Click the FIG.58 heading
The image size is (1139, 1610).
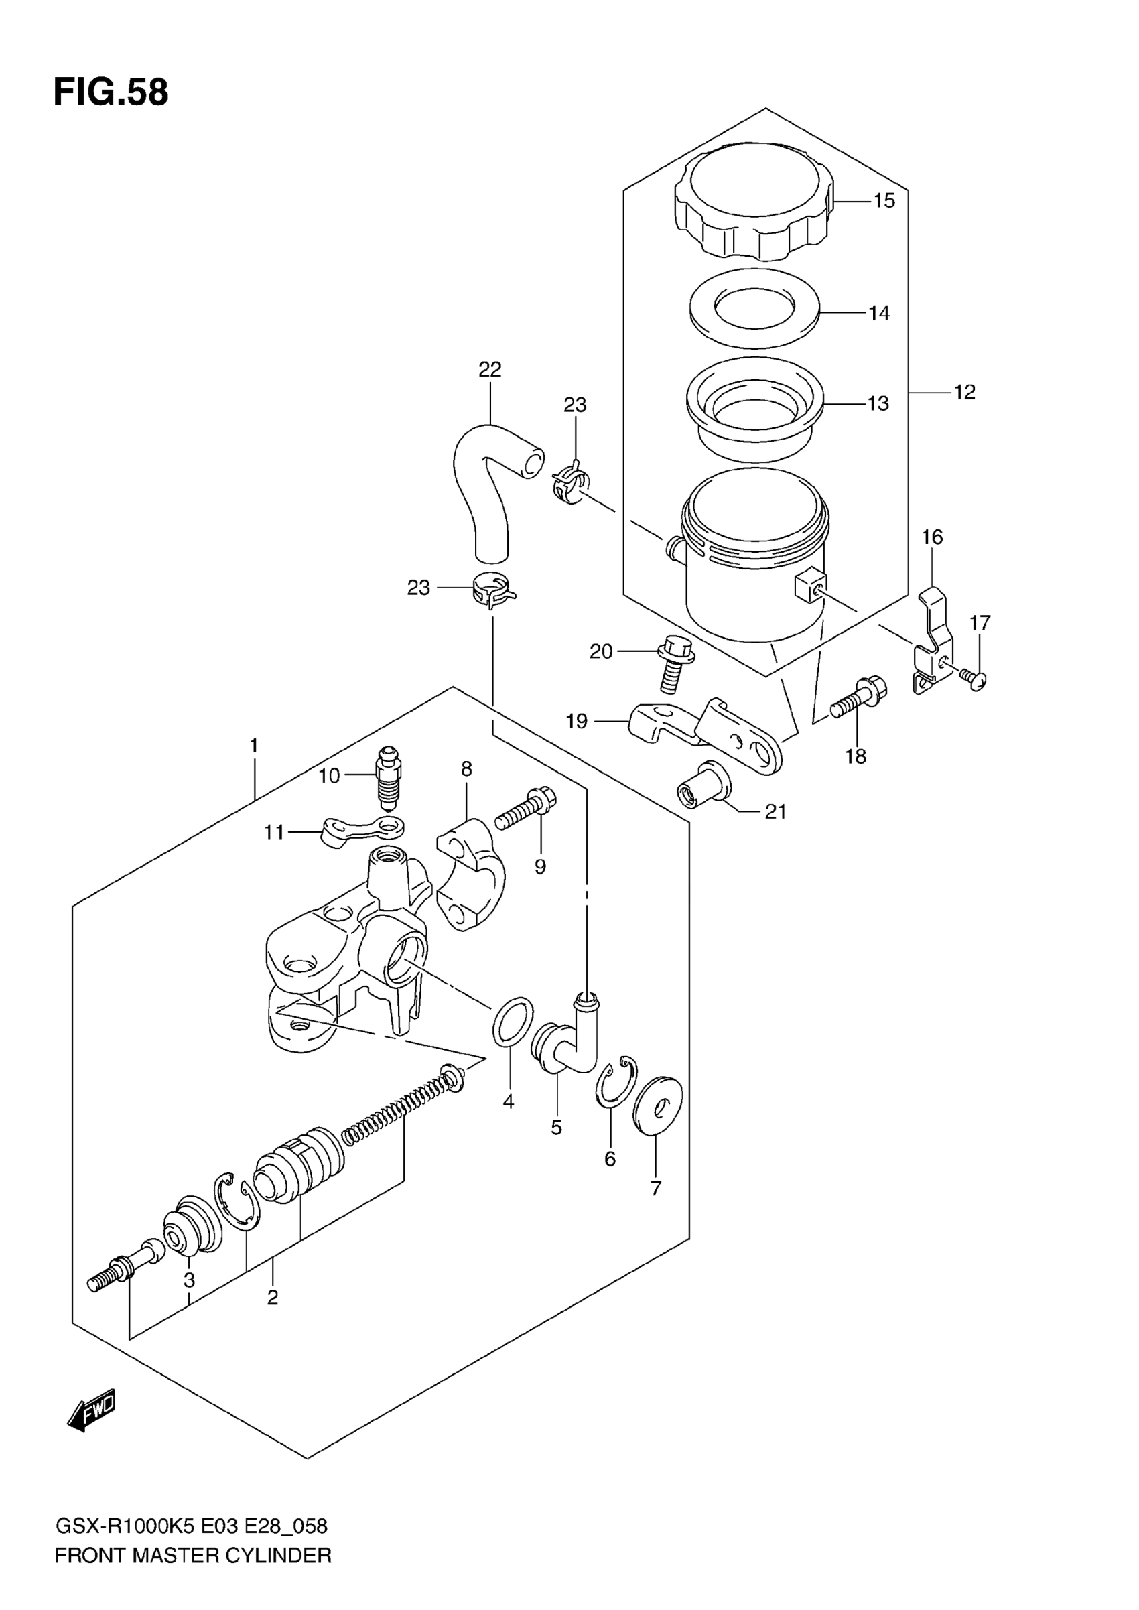[x=111, y=92]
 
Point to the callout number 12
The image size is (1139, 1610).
[x=964, y=392]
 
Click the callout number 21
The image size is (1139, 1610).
[x=775, y=812]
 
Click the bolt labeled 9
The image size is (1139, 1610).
[x=526, y=809]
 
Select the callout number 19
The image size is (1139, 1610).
[x=576, y=721]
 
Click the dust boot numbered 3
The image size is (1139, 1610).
[x=191, y=1224]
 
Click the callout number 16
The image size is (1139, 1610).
[x=931, y=537]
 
